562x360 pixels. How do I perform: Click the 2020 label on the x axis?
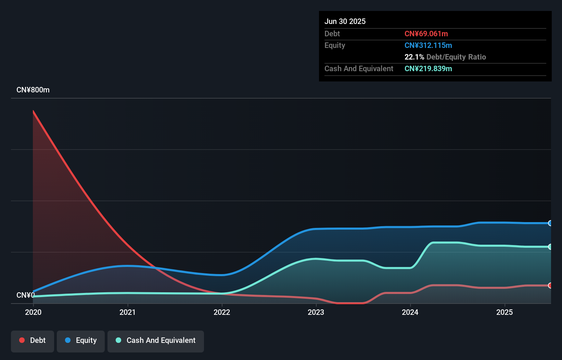tap(33, 312)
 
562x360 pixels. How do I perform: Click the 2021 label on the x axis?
tap(127, 312)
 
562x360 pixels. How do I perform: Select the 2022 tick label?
tap(222, 312)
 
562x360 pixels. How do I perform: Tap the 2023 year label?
tap(316, 312)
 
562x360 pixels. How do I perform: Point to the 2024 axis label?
tap(410, 312)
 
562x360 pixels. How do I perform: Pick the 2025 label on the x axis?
tap(504, 312)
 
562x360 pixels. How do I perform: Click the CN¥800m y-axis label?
tap(33, 90)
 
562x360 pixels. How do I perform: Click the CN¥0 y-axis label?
tap(25, 295)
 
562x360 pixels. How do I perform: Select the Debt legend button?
tap(33, 340)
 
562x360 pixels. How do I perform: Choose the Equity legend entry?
tap(81, 340)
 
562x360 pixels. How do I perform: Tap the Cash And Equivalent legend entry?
tap(156, 340)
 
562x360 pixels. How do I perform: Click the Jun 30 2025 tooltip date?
tap(345, 21)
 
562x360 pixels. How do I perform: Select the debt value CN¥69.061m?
tap(426, 34)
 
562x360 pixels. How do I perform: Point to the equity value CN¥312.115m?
tap(428, 45)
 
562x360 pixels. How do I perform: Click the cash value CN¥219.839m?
tap(428, 68)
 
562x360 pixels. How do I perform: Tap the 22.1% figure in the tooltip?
tap(414, 57)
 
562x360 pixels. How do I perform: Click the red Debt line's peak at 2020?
tap(33, 111)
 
